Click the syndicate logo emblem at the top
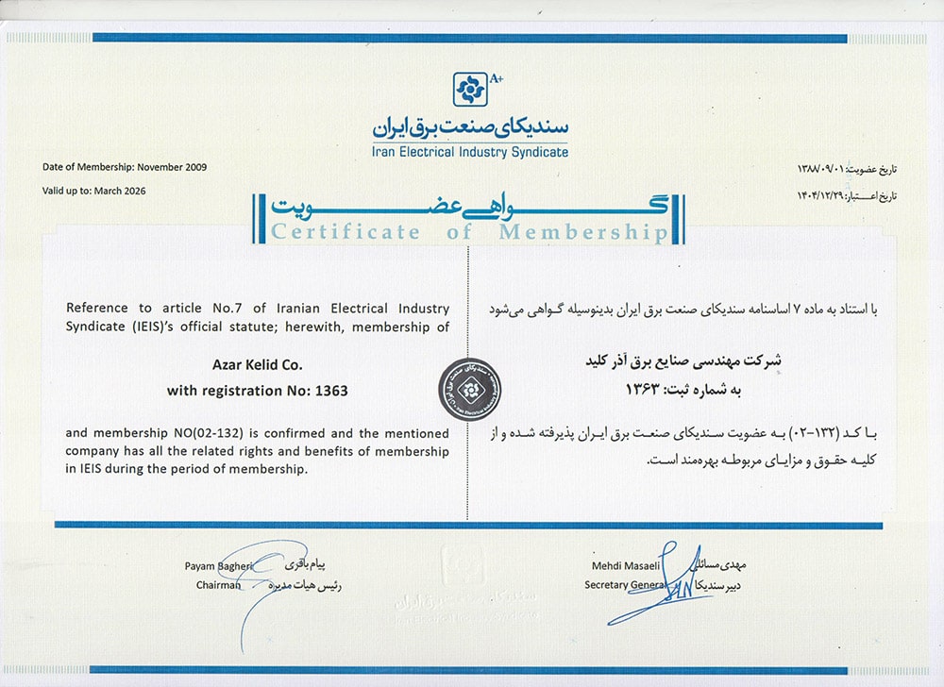468,90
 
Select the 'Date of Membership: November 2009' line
125,167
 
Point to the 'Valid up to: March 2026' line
94,191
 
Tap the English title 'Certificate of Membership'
468,233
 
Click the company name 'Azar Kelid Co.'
257,363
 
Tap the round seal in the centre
469,388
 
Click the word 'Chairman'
219,585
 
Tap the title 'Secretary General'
625,585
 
